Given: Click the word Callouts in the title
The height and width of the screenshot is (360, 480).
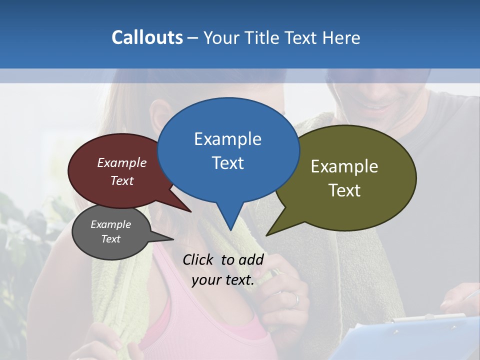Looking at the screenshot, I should [x=147, y=38].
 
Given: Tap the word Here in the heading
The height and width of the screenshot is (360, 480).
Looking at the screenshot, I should [x=341, y=38].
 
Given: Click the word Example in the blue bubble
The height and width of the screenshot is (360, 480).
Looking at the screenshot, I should [x=227, y=139].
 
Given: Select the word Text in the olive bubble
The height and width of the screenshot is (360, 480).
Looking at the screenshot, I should [x=344, y=190].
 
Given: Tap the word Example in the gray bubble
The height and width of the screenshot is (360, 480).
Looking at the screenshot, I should [x=110, y=224].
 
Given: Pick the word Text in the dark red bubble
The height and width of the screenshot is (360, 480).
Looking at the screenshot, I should [x=122, y=181].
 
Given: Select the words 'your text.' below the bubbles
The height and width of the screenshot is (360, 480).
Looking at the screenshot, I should [x=223, y=280].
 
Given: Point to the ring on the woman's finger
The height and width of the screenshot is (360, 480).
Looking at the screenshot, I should [x=296, y=299].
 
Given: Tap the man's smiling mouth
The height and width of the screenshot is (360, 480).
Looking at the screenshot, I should [x=381, y=106].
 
